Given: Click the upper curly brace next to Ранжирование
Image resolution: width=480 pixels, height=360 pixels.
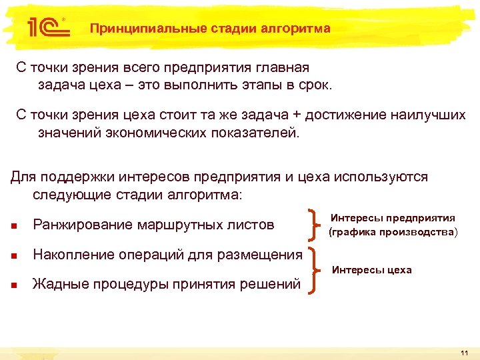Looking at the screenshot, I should [313, 225].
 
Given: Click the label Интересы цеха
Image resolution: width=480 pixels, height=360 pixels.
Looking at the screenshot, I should [371, 270].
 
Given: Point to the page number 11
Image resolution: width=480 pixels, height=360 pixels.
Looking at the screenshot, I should [464, 352].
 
